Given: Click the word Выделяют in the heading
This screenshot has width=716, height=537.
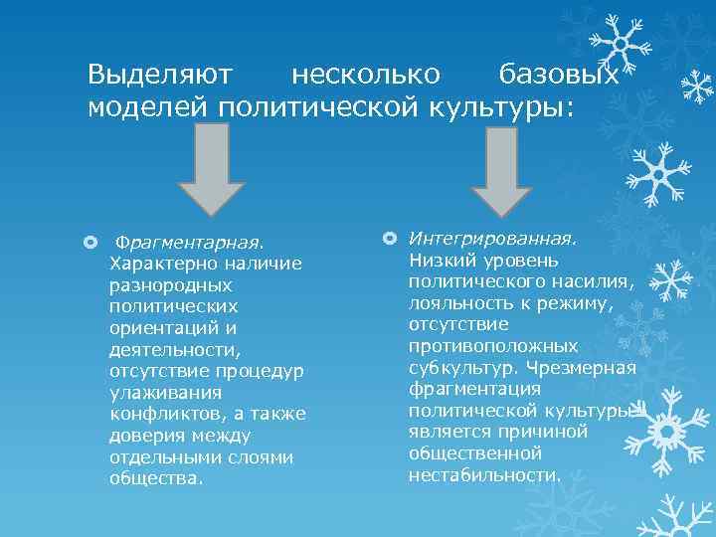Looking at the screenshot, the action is pos(159,75).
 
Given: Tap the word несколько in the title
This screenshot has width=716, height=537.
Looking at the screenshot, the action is pos(364,75).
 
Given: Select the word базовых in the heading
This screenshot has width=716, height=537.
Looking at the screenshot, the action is pos(558,75).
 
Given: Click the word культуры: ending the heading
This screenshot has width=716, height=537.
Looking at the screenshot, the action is pos(505,106).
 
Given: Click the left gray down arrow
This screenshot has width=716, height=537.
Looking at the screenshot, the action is pos(211,169).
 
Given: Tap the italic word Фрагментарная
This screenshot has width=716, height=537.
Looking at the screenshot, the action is pos(190,243).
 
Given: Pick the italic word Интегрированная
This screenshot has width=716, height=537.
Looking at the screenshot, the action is pos(492,239).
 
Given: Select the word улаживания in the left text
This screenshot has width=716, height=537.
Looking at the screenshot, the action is pos(164,392).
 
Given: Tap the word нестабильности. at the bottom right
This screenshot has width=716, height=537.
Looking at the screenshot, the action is pos(485,474).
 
